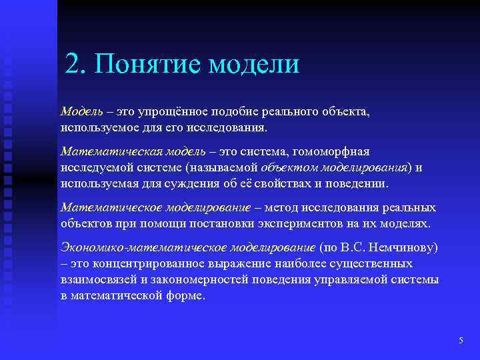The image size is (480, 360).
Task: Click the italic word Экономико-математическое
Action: (x=143, y=248)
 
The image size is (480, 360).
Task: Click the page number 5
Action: (x=461, y=341)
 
